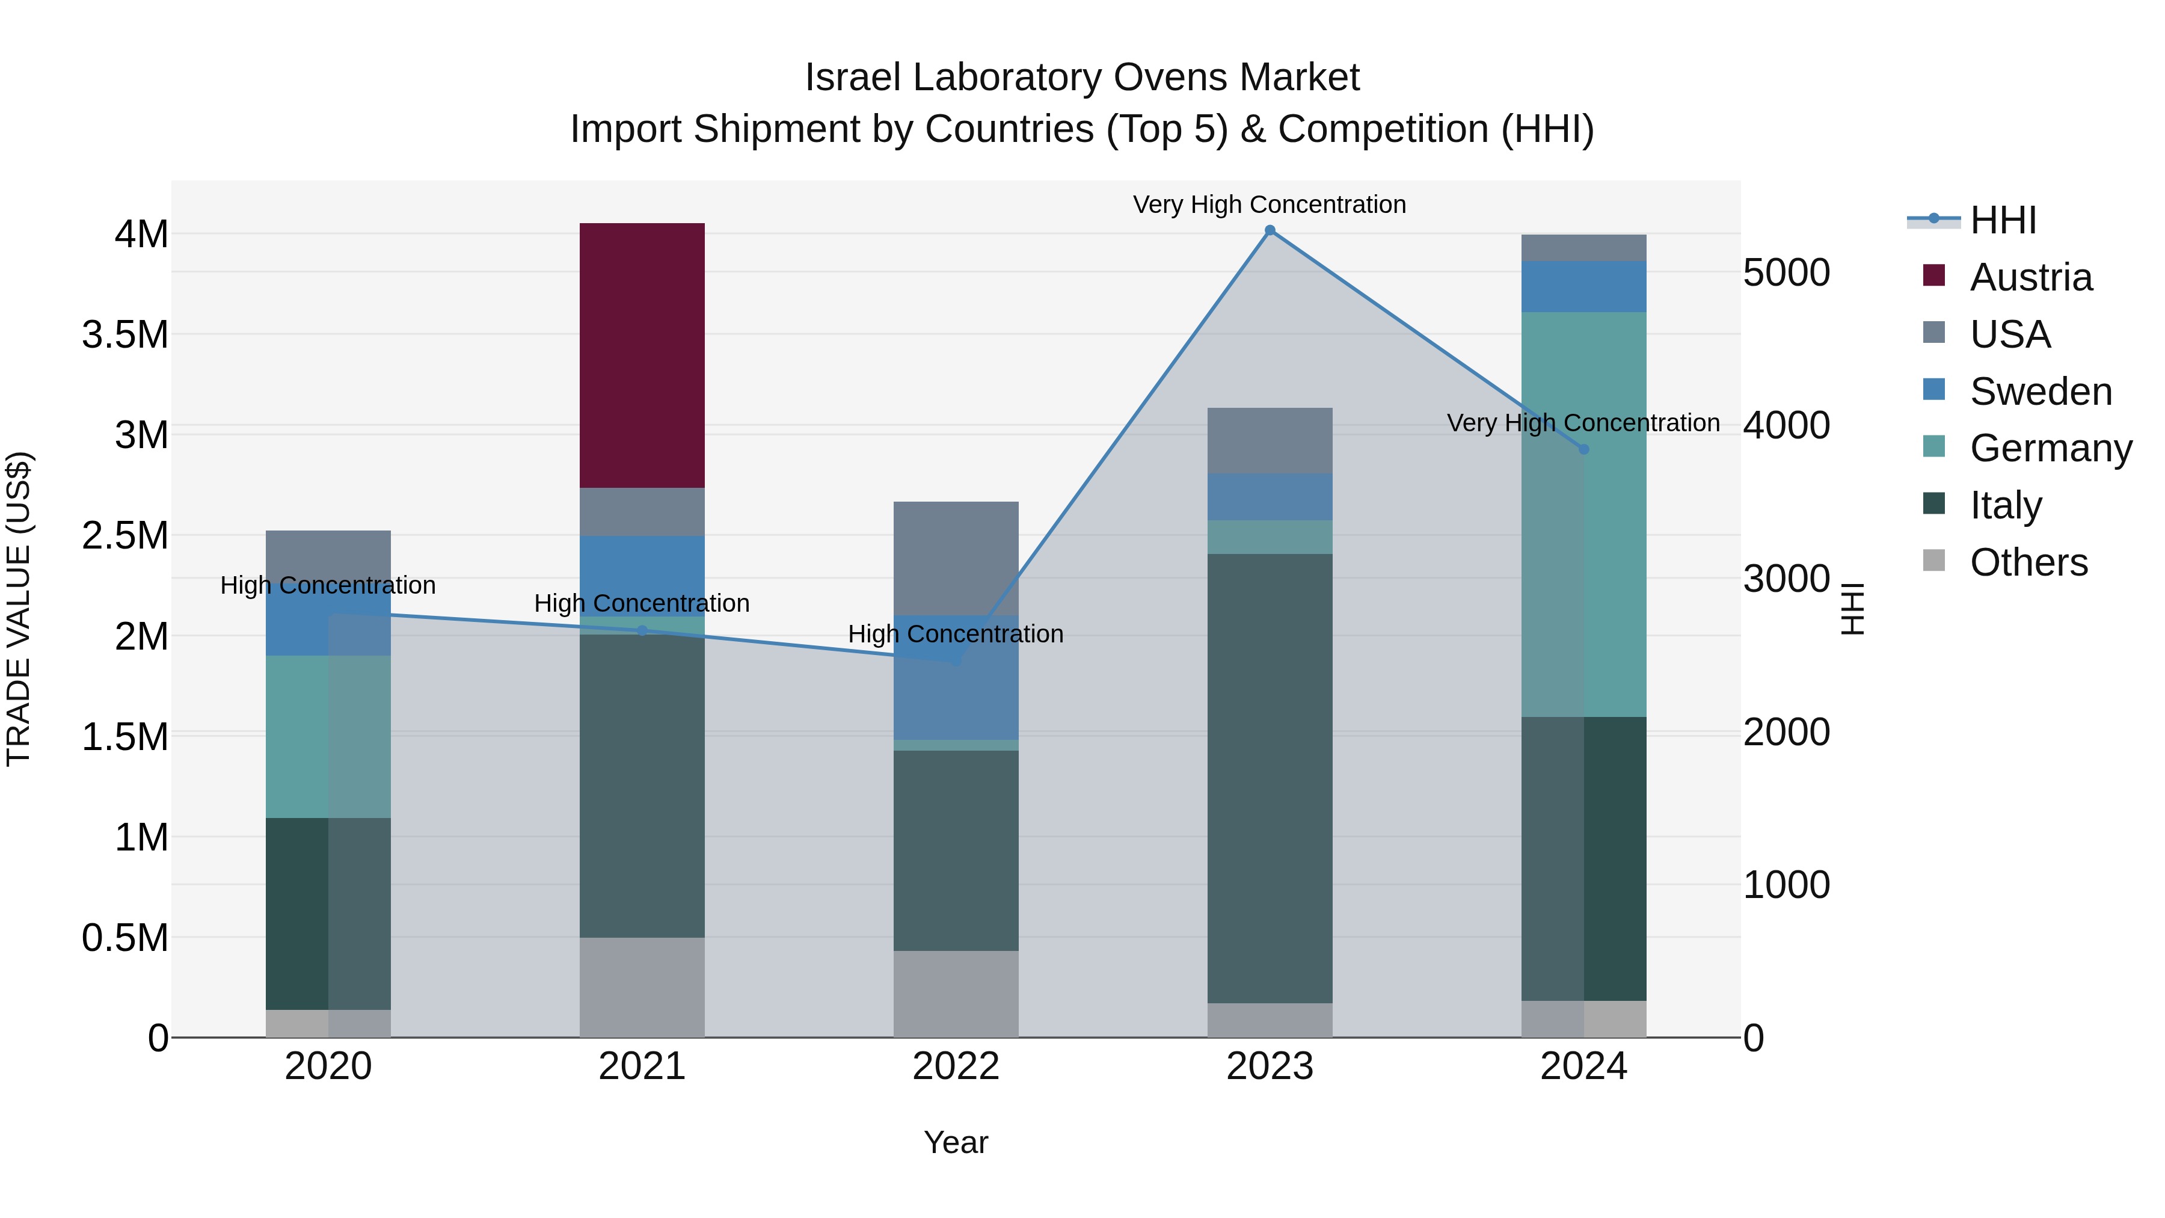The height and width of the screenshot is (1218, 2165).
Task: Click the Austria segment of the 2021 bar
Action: pos(642,355)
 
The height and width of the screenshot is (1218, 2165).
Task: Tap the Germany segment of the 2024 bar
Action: pos(1583,514)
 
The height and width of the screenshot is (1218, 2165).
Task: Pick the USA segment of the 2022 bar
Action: pos(956,558)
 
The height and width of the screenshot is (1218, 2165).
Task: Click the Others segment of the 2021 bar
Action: pos(642,987)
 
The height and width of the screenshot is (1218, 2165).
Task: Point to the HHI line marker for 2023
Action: pos(1270,230)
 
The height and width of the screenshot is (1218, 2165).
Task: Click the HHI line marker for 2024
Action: pos(1584,450)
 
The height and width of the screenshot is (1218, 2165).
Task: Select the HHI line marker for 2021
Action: pos(642,630)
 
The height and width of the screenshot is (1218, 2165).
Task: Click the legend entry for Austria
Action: pos(2030,277)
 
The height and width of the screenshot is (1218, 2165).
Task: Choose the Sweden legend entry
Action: pos(2040,392)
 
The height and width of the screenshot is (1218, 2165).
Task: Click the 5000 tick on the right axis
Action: pos(1786,272)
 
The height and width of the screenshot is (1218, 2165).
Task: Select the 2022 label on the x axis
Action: pos(956,1066)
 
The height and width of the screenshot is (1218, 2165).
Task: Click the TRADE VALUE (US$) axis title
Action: pos(19,609)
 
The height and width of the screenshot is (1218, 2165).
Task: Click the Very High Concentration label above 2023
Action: pos(1269,205)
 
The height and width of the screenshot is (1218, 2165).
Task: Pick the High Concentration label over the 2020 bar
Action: pos(328,585)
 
